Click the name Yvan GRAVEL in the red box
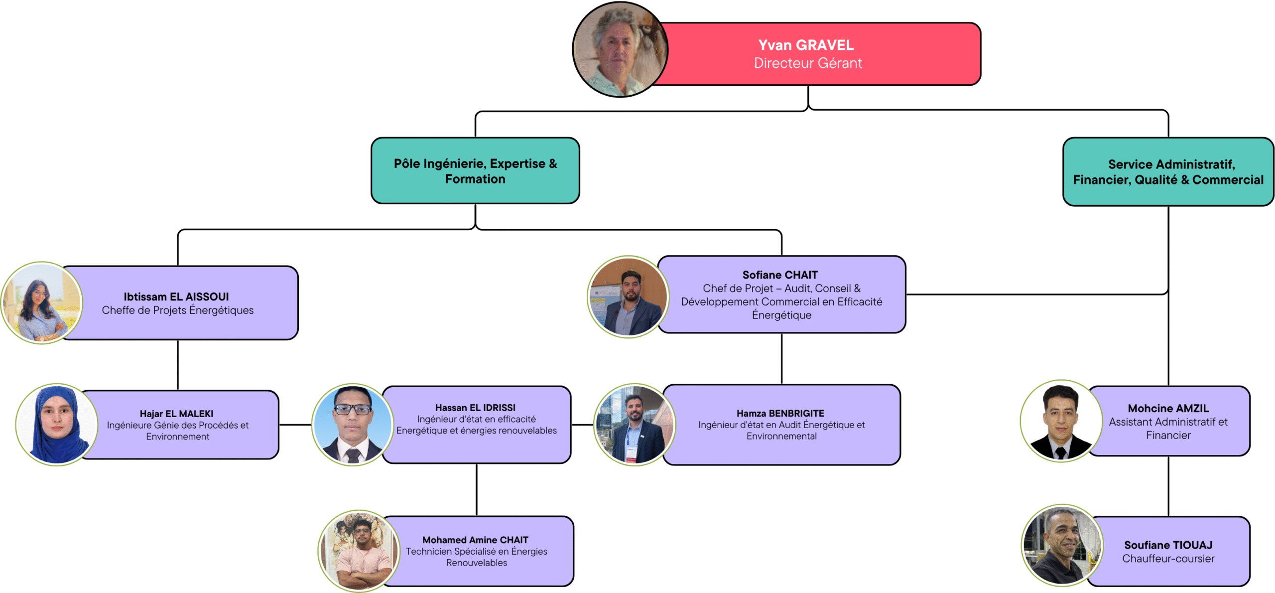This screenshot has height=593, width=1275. (x=805, y=45)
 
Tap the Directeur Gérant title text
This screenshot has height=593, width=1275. (x=807, y=63)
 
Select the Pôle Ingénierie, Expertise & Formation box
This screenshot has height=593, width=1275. (x=475, y=171)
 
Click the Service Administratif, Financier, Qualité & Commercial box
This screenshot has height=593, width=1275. (x=1167, y=172)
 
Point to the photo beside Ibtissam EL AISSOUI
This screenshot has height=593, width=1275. (x=42, y=303)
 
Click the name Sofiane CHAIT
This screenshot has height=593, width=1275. (x=779, y=275)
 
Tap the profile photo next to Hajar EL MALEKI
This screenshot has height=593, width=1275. (x=57, y=425)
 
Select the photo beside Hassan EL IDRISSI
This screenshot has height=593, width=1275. (x=353, y=425)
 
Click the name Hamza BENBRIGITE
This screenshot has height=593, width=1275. (x=780, y=413)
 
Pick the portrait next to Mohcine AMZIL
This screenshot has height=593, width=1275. (x=1061, y=421)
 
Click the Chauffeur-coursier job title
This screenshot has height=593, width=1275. (x=1167, y=559)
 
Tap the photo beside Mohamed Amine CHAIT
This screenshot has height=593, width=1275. (x=359, y=551)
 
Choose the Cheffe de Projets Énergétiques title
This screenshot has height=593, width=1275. (x=177, y=310)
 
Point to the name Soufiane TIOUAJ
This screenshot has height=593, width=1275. (x=1167, y=545)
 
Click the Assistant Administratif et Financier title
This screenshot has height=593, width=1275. (x=1167, y=429)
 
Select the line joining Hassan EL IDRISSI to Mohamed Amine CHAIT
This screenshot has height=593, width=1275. (x=476, y=489)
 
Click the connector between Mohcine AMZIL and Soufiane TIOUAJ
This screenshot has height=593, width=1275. (x=1168, y=486)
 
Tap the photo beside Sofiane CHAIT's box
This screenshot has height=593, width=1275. (x=628, y=297)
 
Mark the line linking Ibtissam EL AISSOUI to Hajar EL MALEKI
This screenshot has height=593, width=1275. (x=178, y=365)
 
